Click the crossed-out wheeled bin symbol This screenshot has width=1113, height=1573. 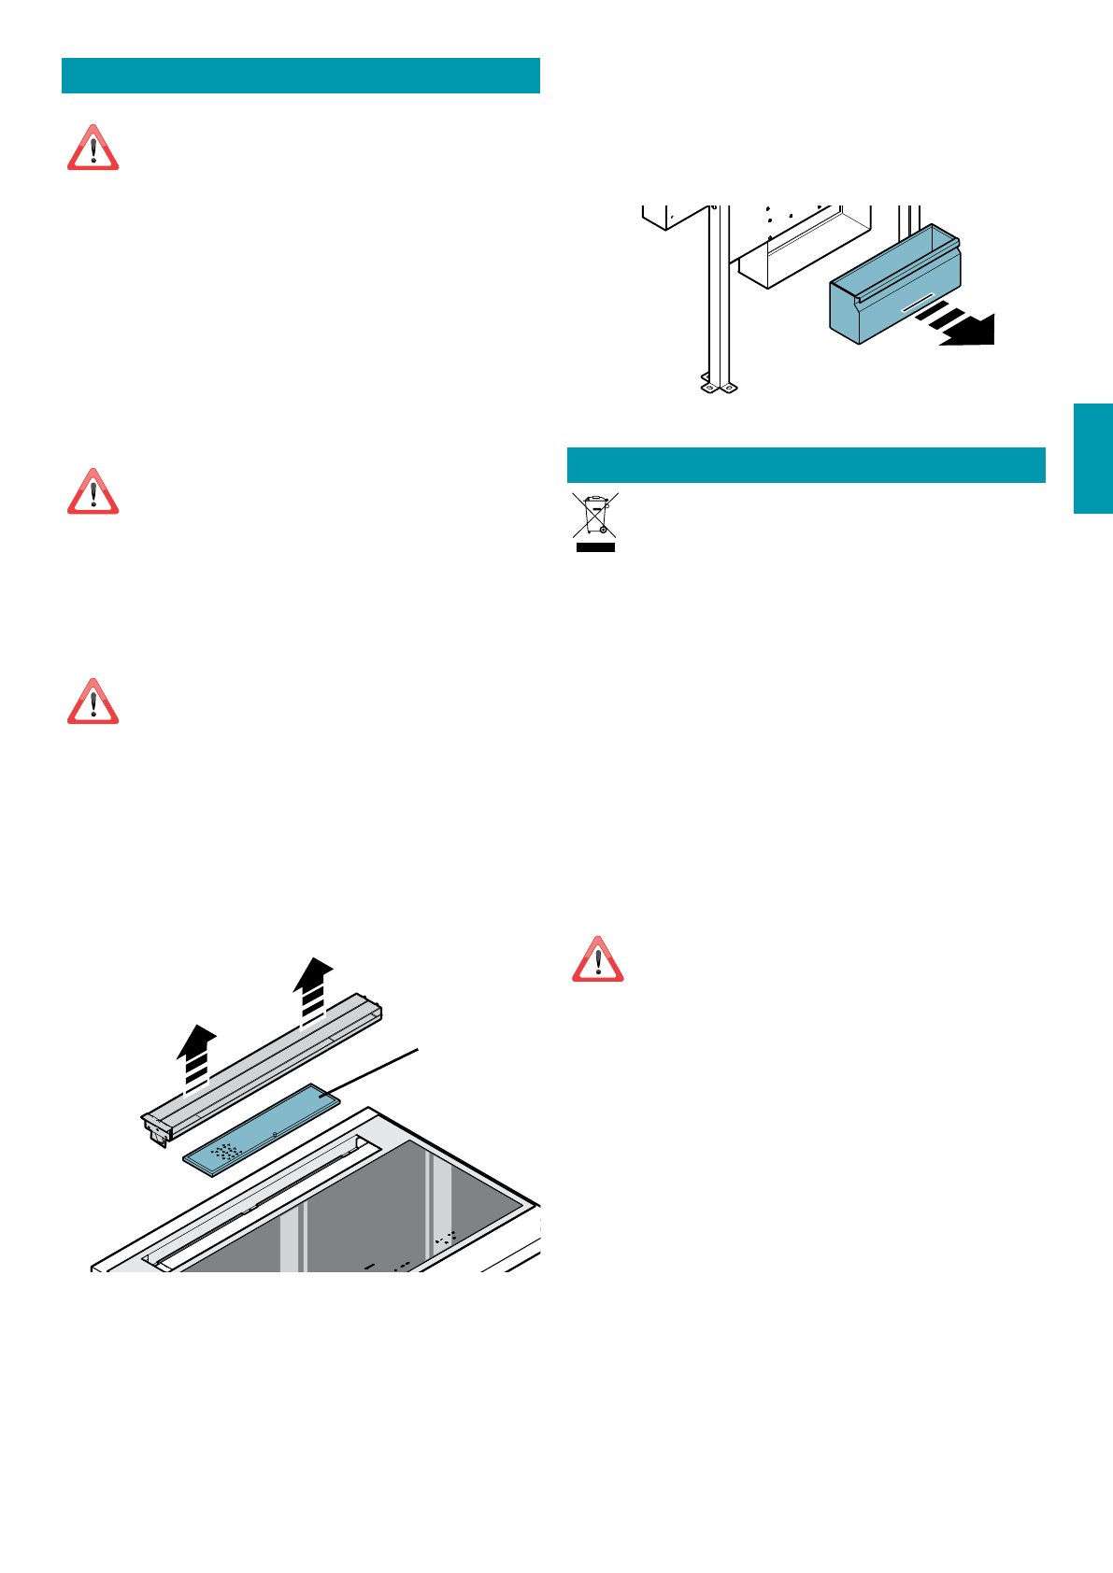click(595, 516)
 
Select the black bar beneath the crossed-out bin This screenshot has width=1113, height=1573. click(595, 546)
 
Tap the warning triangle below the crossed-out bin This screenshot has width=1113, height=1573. click(598, 959)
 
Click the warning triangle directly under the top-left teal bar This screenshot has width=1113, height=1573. click(93, 149)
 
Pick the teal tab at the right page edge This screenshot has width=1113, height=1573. click(1092, 459)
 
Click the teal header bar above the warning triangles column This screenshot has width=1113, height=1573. click(301, 76)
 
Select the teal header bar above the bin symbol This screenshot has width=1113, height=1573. click(806, 465)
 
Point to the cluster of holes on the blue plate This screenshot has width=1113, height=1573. click(225, 1151)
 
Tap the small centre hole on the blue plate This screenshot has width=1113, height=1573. click(274, 1132)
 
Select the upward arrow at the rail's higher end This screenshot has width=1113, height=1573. click(313, 985)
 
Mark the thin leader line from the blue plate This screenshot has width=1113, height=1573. click(374, 1070)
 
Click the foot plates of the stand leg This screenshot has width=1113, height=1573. click(718, 385)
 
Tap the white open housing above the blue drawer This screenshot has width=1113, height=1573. click(804, 245)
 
